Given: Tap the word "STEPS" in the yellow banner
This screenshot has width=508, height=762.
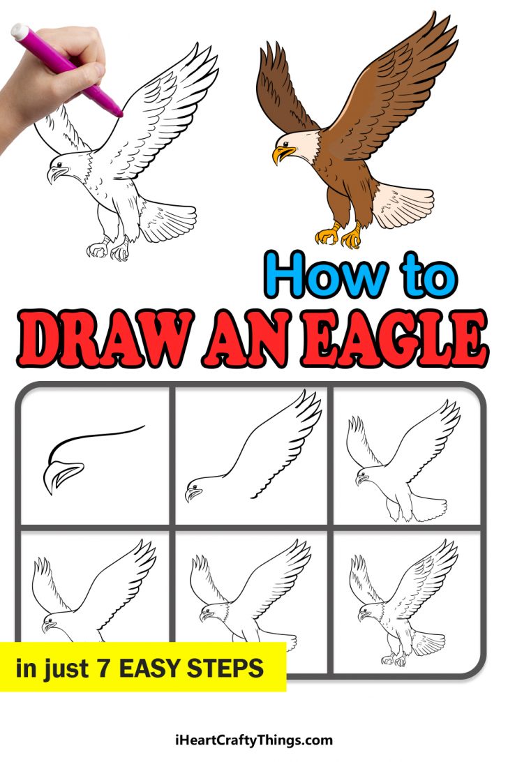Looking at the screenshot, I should [x=227, y=668].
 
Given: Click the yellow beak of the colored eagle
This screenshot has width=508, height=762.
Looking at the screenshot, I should [x=282, y=152].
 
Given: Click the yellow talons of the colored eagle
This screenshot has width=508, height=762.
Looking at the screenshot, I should [x=339, y=236].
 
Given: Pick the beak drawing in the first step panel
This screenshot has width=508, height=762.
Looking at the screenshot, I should [x=63, y=475].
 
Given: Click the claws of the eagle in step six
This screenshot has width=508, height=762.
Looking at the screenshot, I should [x=395, y=658].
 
